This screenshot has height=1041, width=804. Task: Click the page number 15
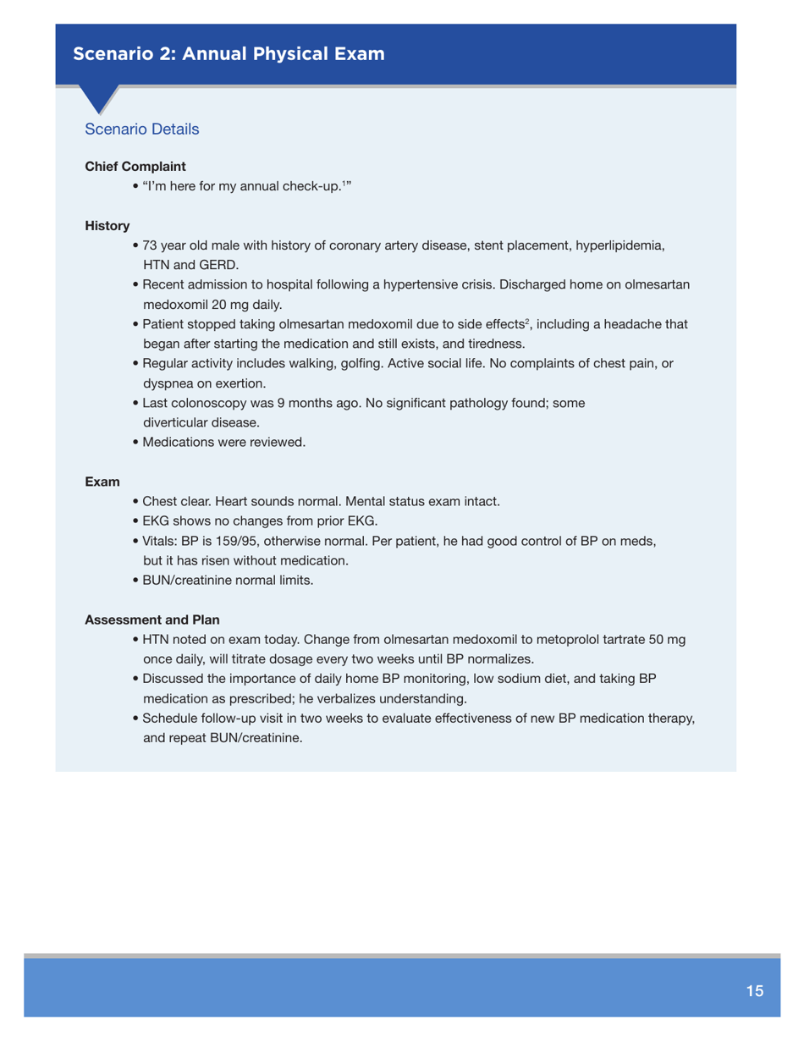(x=755, y=990)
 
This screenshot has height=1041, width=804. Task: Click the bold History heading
(x=107, y=227)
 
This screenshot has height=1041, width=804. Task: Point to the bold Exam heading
(x=102, y=481)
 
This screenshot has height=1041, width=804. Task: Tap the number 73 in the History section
(x=151, y=246)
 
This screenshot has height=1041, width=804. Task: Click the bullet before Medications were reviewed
(x=137, y=442)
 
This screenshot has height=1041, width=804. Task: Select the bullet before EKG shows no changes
(x=137, y=521)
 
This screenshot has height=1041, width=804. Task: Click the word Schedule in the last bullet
(x=171, y=719)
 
